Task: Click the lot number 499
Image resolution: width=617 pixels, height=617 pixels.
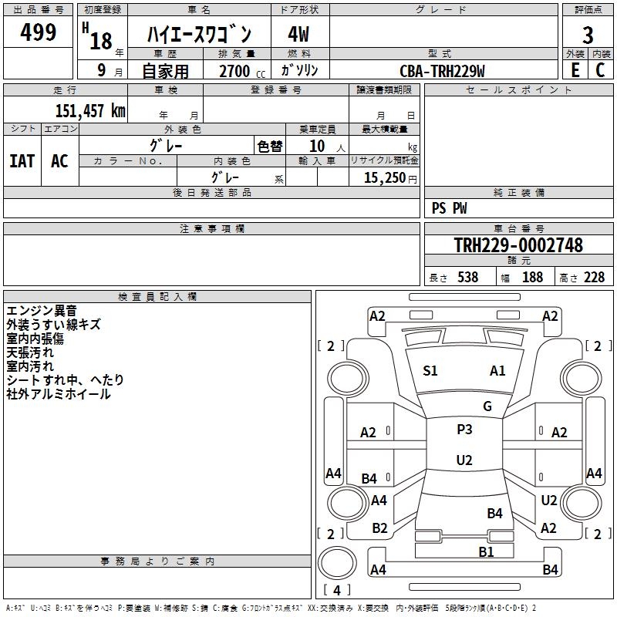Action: (38, 32)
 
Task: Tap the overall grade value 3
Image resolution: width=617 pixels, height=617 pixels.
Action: (588, 35)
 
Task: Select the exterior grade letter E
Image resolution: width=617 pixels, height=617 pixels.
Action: (575, 70)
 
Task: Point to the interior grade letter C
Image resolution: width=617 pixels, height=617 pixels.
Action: (600, 70)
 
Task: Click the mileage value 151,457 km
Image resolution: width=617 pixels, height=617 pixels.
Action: (90, 111)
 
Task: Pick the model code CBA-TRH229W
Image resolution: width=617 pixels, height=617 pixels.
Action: (442, 71)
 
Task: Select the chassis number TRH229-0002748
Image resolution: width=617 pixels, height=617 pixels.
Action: (518, 245)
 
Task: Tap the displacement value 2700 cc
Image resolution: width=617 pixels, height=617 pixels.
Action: (242, 71)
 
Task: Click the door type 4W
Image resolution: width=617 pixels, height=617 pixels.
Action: (298, 34)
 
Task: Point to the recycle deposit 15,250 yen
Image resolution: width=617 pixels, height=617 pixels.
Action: (390, 178)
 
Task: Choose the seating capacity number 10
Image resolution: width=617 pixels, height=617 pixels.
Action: (317, 147)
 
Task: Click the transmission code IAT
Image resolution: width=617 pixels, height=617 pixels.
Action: (22, 161)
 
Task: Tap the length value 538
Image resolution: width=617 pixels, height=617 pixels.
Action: (467, 278)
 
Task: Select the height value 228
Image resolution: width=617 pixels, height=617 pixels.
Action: (594, 278)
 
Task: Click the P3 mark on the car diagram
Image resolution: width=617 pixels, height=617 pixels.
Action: (464, 430)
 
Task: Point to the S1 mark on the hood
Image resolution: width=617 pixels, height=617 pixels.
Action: (430, 371)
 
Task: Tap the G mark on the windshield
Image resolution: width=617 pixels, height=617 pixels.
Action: (487, 406)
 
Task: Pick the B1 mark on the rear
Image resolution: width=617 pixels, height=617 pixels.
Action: (486, 552)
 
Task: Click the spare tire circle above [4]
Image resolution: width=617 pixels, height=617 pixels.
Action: (337, 563)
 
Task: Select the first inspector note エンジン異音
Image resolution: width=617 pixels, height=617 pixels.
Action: (42, 311)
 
